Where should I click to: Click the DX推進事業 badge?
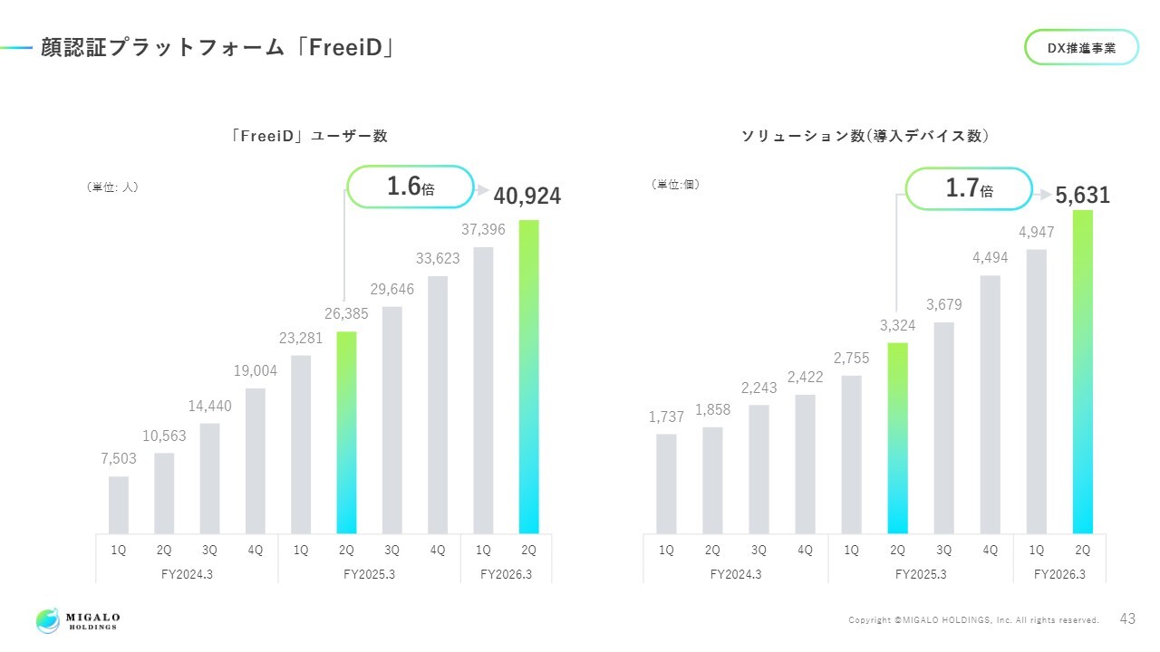(x=1081, y=47)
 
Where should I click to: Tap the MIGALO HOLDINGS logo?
(x=78, y=620)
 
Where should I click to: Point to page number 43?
(x=1127, y=619)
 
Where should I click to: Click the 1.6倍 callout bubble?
(x=411, y=187)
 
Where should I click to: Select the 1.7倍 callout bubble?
(x=970, y=188)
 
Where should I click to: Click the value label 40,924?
(x=527, y=196)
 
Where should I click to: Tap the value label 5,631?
(x=1082, y=196)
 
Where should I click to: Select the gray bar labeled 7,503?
(x=119, y=504)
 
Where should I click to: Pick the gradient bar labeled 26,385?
(x=346, y=432)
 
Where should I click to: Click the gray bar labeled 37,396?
(x=483, y=389)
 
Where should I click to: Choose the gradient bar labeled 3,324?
(x=897, y=437)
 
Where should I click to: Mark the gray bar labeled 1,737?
(x=666, y=484)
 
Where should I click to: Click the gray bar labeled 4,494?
(x=991, y=404)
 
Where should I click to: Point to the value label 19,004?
(x=256, y=371)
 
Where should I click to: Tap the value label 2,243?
(x=759, y=388)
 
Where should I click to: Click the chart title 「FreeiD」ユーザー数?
(x=309, y=136)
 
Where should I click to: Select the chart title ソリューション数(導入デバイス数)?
(x=865, y=136)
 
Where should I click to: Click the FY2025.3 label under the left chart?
(x=370, y=573)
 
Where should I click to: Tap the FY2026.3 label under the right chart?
(x=1059, y=573)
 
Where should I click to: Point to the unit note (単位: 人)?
(x=112, y=187)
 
